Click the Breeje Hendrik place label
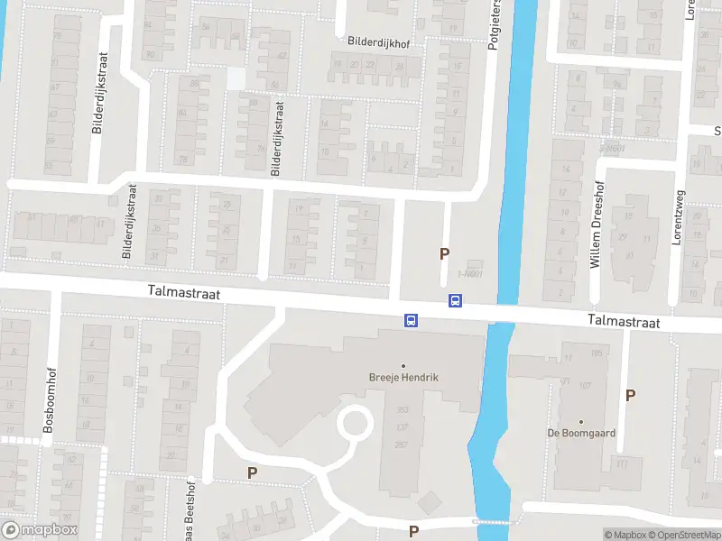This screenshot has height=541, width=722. point(403,378)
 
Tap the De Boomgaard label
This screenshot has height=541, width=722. point(581,433)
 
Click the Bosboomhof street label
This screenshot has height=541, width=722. point(49,397)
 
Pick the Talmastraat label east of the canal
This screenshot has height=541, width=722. point(623,322)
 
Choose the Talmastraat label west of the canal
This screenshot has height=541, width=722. point(185,294)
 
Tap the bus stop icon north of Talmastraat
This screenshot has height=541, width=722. point(456,301)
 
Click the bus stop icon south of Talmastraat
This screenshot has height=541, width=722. point(411,319)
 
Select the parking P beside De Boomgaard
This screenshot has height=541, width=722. point(630,395)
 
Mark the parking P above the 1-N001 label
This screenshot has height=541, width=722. point(443,254)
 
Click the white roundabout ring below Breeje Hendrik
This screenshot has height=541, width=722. point(354,423)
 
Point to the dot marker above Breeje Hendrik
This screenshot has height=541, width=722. point(403,365)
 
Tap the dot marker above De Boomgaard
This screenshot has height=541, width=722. point(581,421)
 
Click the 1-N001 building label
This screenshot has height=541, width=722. point(470,274)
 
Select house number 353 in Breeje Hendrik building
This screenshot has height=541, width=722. point(403,409)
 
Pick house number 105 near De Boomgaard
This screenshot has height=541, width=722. point(597,353)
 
